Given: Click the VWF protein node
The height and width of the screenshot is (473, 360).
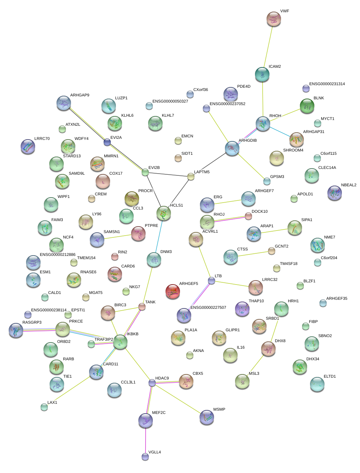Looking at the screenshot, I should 273,19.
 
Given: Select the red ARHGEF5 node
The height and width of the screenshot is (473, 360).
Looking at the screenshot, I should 172,291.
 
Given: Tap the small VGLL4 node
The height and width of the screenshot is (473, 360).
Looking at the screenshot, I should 145,456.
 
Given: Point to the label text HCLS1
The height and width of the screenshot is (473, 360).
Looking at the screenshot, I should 177,206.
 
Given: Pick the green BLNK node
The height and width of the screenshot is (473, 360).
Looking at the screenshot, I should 307,106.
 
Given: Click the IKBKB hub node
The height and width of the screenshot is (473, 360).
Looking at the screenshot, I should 120,342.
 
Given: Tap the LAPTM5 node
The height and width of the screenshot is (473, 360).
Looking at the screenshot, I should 191,177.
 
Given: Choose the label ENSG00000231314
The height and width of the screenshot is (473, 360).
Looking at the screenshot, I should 327,84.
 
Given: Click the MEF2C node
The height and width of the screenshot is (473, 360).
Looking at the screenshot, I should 146,420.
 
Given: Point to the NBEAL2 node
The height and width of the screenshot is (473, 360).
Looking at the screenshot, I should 334,193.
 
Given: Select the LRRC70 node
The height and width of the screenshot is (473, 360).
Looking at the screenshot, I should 28,146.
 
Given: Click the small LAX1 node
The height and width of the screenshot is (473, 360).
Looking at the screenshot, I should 44,407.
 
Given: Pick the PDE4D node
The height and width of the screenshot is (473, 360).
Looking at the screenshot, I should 231,94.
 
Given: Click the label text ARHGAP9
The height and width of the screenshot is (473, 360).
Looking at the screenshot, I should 80,95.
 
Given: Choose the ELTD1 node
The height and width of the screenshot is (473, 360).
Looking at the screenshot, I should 317,384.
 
